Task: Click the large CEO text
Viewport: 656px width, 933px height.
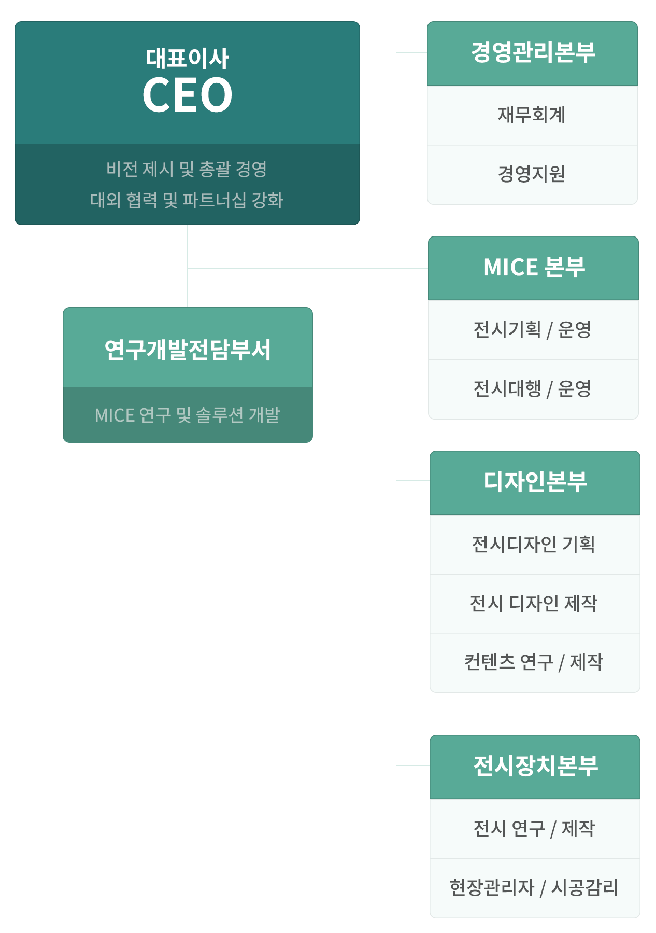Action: pos(187,95)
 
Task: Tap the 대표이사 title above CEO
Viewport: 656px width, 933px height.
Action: pos(187,58)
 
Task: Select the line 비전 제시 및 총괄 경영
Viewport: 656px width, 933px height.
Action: pos(187,169)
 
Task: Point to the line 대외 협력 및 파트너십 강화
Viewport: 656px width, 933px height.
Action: pos(187,200)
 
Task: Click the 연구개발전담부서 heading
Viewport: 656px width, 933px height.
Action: pos(188,350)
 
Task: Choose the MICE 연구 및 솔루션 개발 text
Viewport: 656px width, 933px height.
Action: pos(188,415)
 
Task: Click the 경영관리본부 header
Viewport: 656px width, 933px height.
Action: pos(533,53)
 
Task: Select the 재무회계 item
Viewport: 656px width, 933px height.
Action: pos(532,115)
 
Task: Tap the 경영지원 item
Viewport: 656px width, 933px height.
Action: pos(532,174)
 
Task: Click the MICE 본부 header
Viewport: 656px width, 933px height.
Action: pos(534,268)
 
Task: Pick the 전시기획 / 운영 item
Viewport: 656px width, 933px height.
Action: pos(532,329)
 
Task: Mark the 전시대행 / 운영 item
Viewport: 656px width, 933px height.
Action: pos(532,388)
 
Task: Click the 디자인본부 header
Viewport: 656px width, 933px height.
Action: pos(535,482)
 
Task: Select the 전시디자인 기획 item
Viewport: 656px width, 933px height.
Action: pos(533,544)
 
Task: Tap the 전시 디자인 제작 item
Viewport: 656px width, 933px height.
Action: pos(533,603)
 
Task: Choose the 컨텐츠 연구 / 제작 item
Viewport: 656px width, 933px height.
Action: pos(533,662)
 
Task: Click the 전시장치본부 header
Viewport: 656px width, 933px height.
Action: pos(535,766)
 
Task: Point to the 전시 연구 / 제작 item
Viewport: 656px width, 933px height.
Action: pos(534,828)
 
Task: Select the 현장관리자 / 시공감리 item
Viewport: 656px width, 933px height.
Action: pos(534,887)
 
